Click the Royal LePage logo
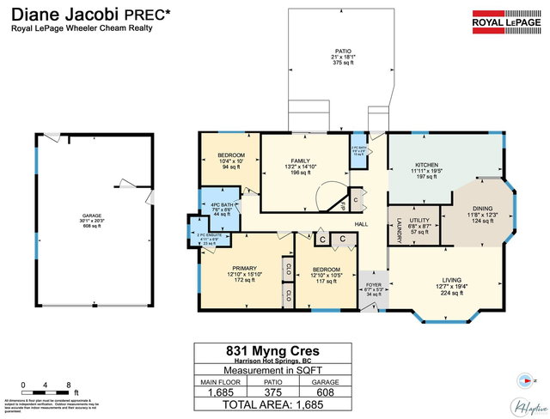504,19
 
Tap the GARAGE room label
92,216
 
